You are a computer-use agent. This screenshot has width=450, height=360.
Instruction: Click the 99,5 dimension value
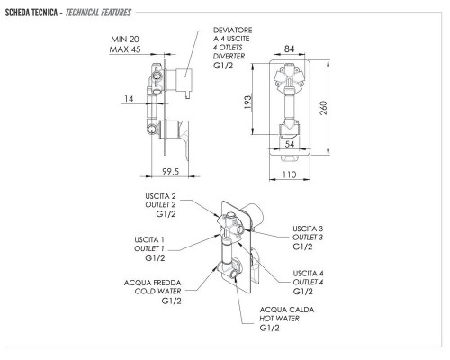tap(171, 171)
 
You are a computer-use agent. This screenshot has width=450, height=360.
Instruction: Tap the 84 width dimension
tap(289, 49)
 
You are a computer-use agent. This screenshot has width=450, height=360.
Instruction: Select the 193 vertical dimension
tap(247, 102)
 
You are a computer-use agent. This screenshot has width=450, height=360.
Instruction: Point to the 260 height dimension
tap(324, 108)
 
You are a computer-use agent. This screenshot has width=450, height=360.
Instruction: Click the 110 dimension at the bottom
tap(290, 175)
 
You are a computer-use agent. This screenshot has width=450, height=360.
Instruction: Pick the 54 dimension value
tap(290, 144)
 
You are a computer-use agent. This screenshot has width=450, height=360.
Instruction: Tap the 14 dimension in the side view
tap(129, 99)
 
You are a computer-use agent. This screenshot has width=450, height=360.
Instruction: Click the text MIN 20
tap(125, 40)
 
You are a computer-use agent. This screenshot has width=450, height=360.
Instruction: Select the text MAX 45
tap(125, 49)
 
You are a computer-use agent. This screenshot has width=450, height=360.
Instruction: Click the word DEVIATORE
tap(233, 31)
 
